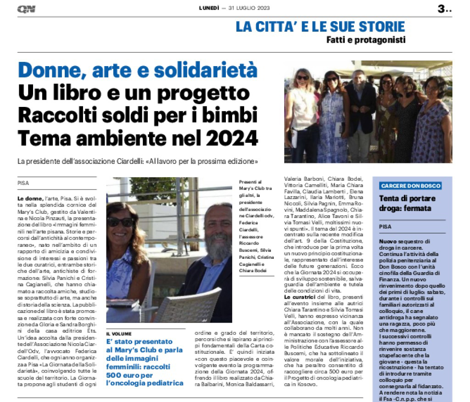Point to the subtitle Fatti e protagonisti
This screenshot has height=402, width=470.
coord(366,40)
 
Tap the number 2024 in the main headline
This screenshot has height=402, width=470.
coord(228,137)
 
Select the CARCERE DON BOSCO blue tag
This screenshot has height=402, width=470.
coord(410,186)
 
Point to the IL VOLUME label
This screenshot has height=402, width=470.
coord(119,333)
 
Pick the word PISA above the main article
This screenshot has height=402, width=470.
coord(23,183)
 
